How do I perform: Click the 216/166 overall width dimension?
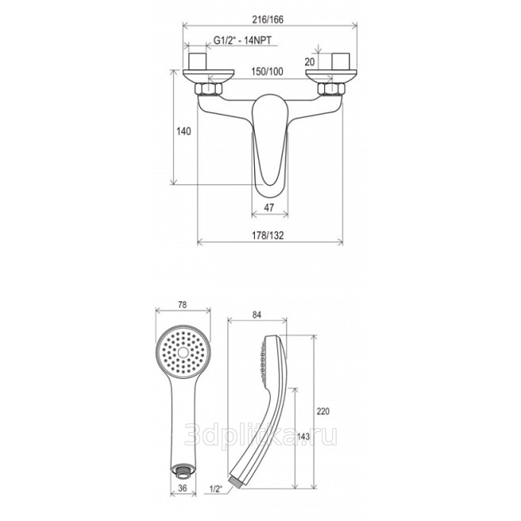[268, 20]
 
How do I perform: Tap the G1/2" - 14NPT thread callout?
[242, 41]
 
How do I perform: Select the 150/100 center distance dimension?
[267, 71]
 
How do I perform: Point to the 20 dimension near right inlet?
[310, 62]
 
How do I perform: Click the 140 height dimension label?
[183, 131]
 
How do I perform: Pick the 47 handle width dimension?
[268, 207]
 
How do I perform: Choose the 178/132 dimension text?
[268, 236]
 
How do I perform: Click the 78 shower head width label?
[183, 304]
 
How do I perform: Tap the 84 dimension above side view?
[257, 315]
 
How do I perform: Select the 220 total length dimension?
[323, 411]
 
